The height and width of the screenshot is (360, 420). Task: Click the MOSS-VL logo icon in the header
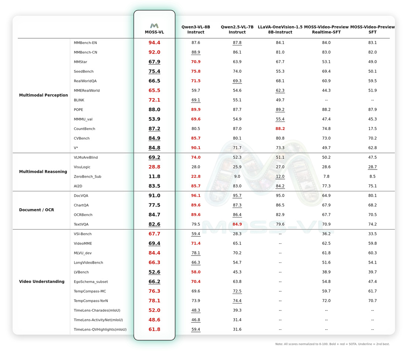[x=154, y=26]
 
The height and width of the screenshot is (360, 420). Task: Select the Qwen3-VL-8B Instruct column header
[x=196, y=30]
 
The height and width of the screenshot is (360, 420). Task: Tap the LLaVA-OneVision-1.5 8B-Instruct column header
[x=280, y=30]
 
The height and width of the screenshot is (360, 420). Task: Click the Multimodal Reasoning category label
[x=43, y=172]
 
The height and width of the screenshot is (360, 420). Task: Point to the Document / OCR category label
[x=37, y=210]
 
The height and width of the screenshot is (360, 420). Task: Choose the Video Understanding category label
[x=42, y=282]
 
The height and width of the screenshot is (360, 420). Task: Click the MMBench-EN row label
[x=85, y=43]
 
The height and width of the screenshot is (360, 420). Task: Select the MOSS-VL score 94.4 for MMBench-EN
[x=154, y=43]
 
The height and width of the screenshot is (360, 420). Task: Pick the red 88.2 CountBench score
[x=280, y=129]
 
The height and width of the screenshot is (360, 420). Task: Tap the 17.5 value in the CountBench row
[x=372, y=129]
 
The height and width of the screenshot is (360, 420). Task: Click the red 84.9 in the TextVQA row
[x=237, y=224]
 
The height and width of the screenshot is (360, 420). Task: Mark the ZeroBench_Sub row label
[x=87, y=176]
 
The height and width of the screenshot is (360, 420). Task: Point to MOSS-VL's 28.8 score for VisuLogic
[x=154, y=167]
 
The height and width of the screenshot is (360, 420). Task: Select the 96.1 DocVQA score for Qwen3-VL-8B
[x=196, y=196]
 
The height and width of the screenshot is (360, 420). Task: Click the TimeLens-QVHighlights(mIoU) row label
[x=100, y=329]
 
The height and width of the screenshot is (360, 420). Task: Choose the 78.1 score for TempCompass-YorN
[x=154, y=301]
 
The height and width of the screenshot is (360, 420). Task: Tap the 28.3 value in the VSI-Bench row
[x=237, y=234]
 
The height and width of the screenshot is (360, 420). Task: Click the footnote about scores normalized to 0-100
[x=332, y=344]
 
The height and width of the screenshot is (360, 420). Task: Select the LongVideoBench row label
[x=88, y=263]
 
